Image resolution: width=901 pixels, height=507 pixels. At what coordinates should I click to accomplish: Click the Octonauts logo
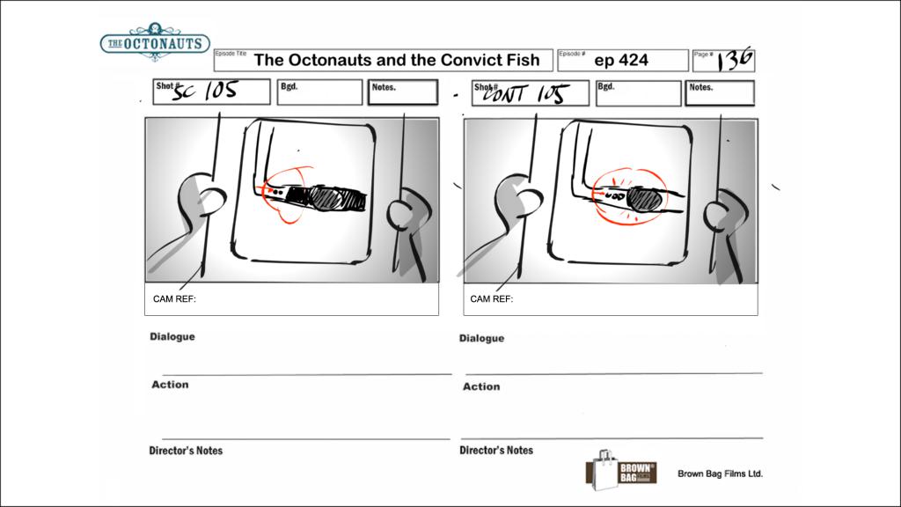(155, 42)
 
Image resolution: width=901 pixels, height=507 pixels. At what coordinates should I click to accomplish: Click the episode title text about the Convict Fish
(397, 61)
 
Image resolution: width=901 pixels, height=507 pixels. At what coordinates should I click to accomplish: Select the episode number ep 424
(621, 61)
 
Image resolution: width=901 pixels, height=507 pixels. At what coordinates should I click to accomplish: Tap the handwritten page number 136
(734, 59)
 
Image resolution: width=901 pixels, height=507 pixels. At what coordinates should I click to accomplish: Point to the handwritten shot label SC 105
(204, 91)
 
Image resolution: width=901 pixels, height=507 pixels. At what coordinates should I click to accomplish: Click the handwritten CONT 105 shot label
(526, 93)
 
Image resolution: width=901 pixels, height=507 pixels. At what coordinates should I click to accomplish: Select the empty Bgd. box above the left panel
(319, 92)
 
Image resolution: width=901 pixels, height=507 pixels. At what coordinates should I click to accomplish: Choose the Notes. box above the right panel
(720, 93)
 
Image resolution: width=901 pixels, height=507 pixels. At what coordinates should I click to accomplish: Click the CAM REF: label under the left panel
(174, 299)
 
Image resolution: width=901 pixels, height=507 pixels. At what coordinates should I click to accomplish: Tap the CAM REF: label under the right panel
(491, 299)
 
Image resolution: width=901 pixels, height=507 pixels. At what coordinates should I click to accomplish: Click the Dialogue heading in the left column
(172, 337)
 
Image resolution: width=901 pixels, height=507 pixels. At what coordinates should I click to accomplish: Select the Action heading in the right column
(481, 387)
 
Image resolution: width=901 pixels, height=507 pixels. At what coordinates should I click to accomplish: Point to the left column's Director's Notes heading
(186, 451)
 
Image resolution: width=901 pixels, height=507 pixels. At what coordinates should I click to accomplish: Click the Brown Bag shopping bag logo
(620, 470)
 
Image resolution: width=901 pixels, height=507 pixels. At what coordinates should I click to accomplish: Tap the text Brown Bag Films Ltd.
(720, 474)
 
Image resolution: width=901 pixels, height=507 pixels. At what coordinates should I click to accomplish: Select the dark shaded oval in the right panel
(644, 200)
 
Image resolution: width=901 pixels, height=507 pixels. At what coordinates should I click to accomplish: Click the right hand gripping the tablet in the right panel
(722, 216)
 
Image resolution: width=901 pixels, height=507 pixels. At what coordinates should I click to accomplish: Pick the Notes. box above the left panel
(403, 92)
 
